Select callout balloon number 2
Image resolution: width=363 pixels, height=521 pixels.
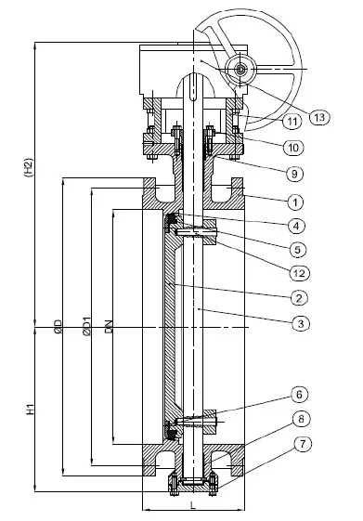coord(299,297)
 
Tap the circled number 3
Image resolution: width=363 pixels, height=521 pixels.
coord(301,323)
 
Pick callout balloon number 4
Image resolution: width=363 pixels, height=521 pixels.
coord(296,226)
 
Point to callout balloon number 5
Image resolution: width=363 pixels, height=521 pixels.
coord(297,249)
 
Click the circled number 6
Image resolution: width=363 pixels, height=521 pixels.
coord(299,395)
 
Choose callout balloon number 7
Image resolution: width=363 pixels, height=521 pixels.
coord(303,445)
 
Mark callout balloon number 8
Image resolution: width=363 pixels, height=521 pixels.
coord(301,419)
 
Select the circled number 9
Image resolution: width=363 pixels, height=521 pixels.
coord(295,174)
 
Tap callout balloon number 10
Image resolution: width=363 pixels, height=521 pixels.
coord(293,147)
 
